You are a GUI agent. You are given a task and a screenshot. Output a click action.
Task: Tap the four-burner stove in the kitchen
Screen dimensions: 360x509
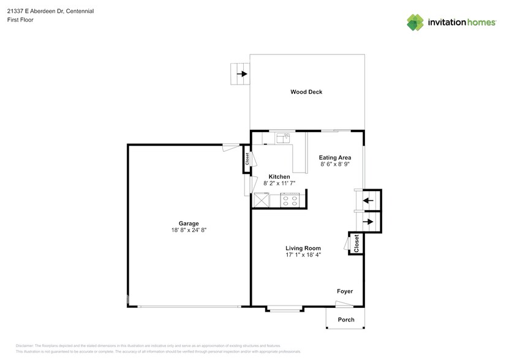(289, 198)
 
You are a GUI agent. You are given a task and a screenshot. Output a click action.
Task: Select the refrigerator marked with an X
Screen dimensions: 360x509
(262, 199)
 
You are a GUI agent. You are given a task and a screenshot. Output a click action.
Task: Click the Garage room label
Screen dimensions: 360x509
(189, 223)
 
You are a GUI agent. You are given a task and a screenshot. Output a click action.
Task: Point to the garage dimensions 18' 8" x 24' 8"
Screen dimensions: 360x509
(189, 230)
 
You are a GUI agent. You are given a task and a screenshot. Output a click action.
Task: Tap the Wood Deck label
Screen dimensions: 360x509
(306, 92)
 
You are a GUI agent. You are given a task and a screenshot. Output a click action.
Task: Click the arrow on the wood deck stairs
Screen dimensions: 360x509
(243, 75)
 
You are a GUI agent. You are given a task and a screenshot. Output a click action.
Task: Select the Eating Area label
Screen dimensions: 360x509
(335, 157)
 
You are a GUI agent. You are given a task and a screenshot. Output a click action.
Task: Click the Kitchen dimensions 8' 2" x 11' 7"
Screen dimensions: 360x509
(279, 183)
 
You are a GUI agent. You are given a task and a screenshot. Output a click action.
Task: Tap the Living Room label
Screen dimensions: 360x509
(303, 248)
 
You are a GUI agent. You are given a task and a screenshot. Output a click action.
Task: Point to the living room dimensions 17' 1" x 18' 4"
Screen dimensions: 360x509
(303, 255)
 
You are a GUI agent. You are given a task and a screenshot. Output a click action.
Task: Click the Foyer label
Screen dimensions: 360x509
(344, 291)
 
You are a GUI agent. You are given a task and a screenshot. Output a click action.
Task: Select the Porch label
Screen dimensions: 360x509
(346, 320)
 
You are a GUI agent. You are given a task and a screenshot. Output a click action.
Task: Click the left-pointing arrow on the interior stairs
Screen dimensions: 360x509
(369, 200)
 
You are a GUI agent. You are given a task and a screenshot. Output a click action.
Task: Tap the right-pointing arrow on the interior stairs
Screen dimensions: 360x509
(369, 222)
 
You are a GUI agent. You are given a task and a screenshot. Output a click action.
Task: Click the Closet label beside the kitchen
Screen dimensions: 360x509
(247, 159)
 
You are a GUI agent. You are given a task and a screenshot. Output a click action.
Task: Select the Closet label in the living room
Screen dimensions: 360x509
(356, 244)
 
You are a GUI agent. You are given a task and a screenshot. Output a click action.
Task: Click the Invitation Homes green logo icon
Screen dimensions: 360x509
(415, 22)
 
